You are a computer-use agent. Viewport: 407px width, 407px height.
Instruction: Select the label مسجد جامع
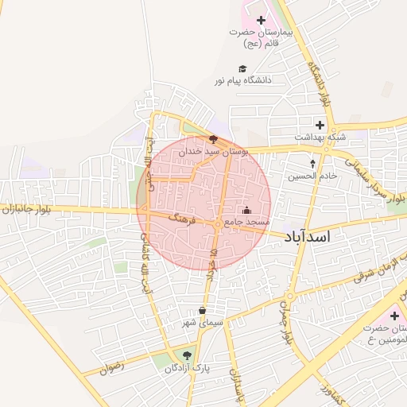point(247,222)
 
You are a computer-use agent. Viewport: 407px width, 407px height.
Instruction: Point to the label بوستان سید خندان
point(213,149)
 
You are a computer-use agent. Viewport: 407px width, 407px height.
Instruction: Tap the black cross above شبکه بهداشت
point(320,125)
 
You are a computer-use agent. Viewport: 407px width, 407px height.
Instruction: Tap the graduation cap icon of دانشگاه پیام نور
point(242,68)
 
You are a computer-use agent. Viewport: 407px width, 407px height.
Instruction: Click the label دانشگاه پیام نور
point(242,80)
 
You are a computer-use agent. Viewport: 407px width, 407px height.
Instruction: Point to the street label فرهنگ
point(181,219)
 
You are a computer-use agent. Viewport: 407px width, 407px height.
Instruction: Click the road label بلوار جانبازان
point(26,209)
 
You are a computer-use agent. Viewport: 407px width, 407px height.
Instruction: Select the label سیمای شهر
point(203,322)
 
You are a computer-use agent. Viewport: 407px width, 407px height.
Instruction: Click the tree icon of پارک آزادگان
point(187,355)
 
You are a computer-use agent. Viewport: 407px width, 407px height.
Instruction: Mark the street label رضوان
point(112,368)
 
